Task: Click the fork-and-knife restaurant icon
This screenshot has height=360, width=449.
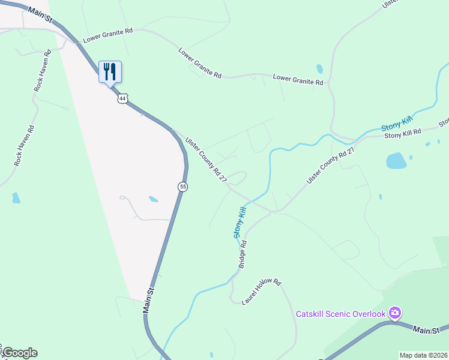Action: point(110,71)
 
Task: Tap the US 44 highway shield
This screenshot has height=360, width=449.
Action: point(122,98)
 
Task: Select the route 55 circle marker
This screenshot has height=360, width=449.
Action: point(183,187)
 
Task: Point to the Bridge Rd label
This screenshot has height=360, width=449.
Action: point(244,254)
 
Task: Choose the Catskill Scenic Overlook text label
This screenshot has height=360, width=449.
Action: point(340,314)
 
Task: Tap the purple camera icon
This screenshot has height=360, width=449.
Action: point(394,313)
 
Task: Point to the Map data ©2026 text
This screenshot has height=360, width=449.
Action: point(423,355)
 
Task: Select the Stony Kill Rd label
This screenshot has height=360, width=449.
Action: point(403,134)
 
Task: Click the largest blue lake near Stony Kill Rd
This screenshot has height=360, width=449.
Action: point(396,160)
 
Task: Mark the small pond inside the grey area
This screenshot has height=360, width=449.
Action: point(153,199)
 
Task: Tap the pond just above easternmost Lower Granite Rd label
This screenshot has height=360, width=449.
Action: point(319,68)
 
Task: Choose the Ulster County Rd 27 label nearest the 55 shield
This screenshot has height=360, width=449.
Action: point(206,160)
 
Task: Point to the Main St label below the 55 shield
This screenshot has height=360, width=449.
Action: point(149,299)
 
